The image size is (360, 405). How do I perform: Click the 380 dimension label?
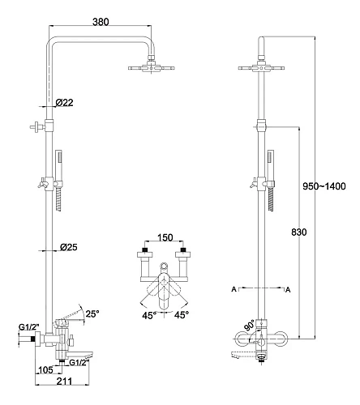pos(101,22)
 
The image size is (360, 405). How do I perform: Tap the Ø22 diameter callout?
pos(64,103)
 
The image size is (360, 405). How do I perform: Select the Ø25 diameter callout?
pos(68,247)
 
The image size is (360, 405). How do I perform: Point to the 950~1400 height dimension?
pos(324,186)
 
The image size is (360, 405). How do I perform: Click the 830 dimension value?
pos(299,232)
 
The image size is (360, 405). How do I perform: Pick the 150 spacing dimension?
pos(165,237)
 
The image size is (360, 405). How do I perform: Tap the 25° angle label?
pos(92,313)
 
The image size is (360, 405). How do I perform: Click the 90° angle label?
pos(249,325)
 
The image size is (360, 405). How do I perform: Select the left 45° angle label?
pos(150,315)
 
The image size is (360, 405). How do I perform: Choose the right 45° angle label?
pos(182,314)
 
